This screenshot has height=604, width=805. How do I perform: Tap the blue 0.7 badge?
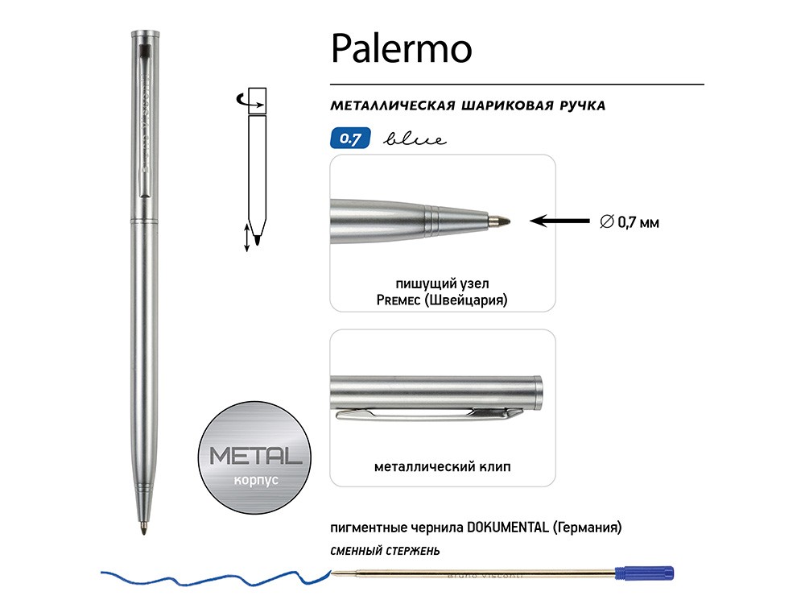(x=349, y=139)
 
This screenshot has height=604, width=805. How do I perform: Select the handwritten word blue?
(x=415, y=139)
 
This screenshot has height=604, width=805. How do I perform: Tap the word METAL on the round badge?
(x=256, y=457)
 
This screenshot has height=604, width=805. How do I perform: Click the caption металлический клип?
(x=442, y=466)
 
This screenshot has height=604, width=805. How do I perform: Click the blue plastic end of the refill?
(x=644, y=573)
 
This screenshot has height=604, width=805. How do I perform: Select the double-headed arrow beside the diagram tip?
(x=247, y=239)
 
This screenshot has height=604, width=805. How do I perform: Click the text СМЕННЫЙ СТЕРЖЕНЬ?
(x=385, y=551)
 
